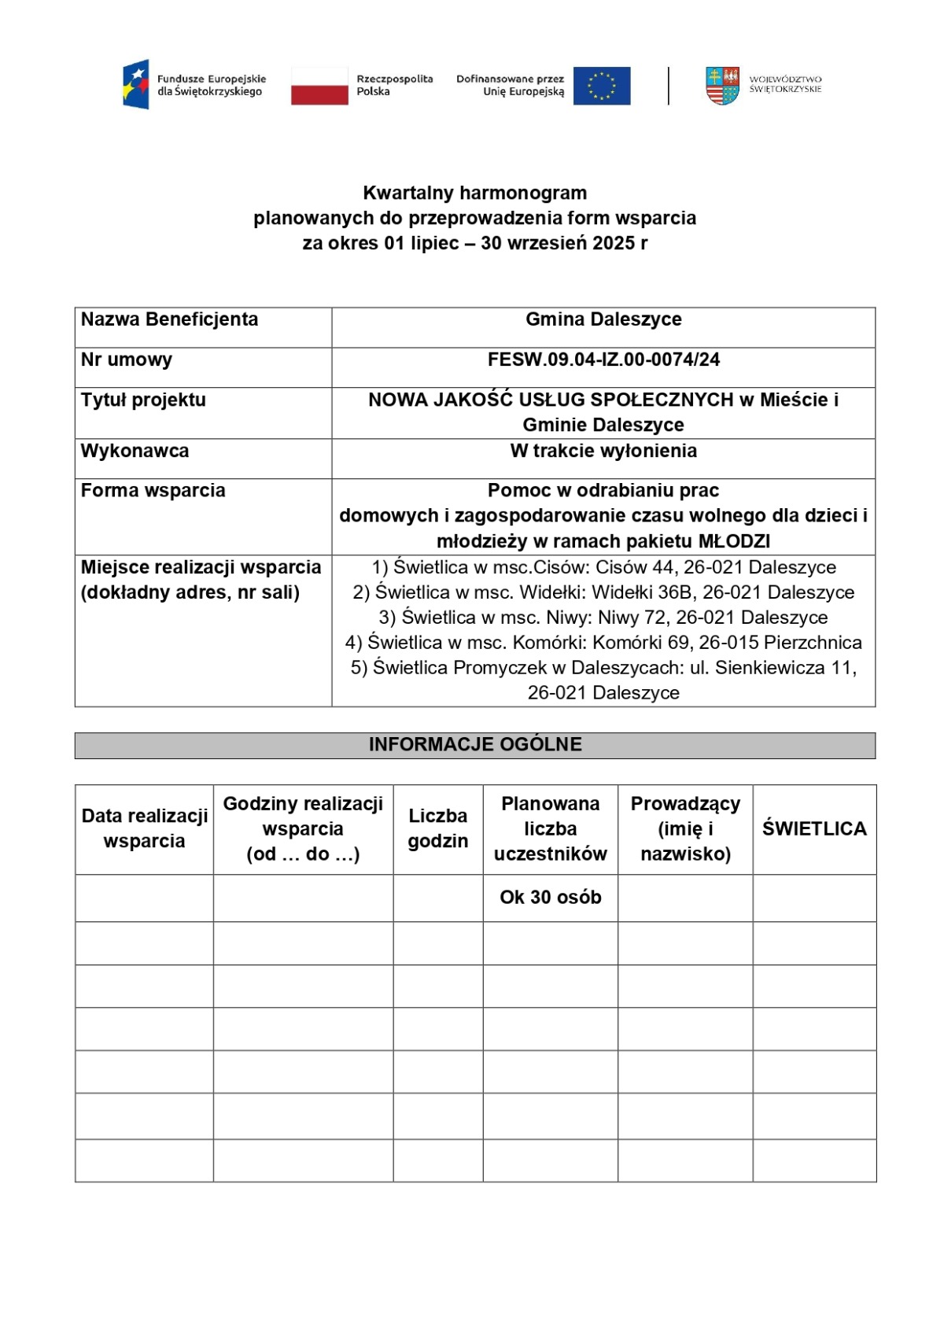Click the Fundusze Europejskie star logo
click(136, 85)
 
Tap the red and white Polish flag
click(319, 86)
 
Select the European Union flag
click(602, 86)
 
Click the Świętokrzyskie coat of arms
click(722, 86)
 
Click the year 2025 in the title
click(614, 243)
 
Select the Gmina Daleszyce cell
click(603, 319)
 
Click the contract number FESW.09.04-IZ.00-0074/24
click(603, 360)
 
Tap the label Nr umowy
click(127, 360)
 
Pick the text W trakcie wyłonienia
click(603, 451)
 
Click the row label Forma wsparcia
click(153, 490)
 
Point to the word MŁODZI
click(734, 541)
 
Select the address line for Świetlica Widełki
click(603, 592)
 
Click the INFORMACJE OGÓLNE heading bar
click(475, 745)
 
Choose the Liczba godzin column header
click(437, 828)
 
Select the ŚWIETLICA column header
click(814, 828)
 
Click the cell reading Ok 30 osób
click(550, 897)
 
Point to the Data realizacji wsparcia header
click(145, 828)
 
